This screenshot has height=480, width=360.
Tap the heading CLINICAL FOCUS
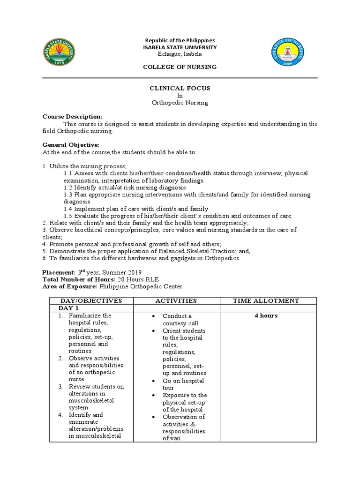(180, 88)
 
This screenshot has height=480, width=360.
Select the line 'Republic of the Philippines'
(180, 41)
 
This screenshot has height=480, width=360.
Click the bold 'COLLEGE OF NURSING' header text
(180, 67)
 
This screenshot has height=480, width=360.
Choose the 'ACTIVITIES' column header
(177, 301)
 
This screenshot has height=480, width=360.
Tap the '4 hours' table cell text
(266, 316)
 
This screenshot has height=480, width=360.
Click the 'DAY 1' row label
(68, 308)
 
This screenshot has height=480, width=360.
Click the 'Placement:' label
(59, 272)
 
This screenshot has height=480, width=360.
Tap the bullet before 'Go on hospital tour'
(153, 381)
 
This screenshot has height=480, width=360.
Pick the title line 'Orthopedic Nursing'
(180, 103)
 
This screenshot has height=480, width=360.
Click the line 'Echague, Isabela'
(180, 54)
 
